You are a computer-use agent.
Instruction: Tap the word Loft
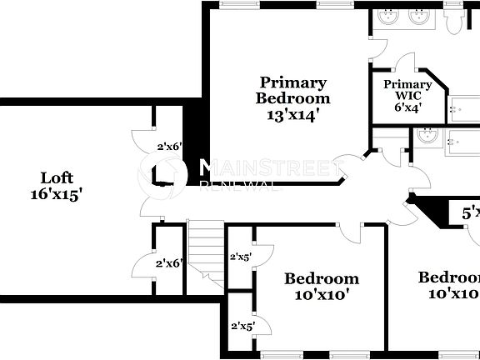[57, 177]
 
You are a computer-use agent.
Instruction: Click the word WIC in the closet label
[407, 96]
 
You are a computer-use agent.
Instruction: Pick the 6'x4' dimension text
[407, 107]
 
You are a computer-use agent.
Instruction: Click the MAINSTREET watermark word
[269, 166]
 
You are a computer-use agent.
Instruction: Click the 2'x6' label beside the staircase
[169, 262]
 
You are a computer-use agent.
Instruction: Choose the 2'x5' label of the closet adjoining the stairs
[242, 256]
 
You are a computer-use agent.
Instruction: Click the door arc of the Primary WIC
[405, 63]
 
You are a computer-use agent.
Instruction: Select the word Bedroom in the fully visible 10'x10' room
[322, 278]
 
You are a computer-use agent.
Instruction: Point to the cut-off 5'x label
[471, 212]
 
